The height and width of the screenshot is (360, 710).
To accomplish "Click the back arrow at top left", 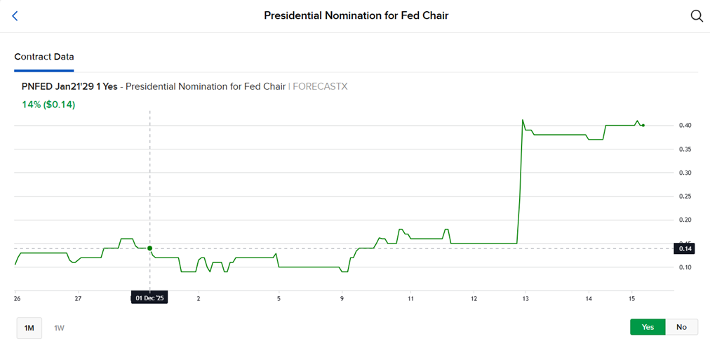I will coord(15,15).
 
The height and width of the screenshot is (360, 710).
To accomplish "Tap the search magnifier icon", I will coord(696,15).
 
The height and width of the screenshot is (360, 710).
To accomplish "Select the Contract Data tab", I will coord(44,57).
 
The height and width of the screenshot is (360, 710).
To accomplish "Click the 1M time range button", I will coord(29,328).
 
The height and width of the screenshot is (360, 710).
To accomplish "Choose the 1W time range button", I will coord(60,328).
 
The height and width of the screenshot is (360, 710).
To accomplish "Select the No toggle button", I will coord(681,327).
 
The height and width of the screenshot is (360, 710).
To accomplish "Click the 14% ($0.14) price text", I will coord(48,105).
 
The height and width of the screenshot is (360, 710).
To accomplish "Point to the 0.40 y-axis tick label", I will coord(685,126).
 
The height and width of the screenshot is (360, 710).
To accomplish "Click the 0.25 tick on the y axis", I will coord(685,196).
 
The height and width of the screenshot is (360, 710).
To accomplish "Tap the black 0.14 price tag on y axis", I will coord(685,248).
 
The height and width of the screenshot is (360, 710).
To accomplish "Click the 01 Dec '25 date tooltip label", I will coord(149,298).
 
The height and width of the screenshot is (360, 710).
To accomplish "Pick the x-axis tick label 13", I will coord(525,298).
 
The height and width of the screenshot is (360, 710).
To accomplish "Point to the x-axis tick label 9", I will coord(342,298).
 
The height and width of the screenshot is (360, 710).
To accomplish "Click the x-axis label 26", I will coord(16,298).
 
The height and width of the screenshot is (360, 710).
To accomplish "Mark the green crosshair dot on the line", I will coord(149,248).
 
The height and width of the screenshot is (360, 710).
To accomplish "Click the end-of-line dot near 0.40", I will coord(643,126).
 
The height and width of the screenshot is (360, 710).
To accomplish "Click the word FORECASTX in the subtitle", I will coord(320,87).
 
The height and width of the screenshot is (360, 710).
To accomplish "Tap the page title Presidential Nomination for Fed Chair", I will coord(356,15).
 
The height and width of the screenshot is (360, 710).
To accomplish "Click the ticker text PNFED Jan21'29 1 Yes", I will coord(69,87).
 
